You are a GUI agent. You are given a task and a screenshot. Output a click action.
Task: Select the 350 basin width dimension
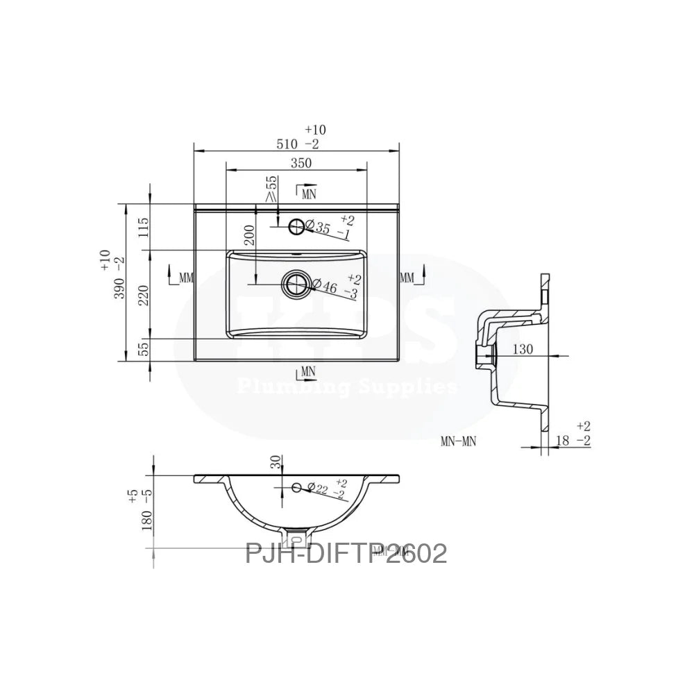301,163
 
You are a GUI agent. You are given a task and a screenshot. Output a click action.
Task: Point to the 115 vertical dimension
144,228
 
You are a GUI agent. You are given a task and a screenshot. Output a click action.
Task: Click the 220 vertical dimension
144,295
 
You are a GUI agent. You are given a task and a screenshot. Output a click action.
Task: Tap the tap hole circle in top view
296,226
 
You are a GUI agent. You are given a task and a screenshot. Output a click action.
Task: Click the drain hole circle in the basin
296,283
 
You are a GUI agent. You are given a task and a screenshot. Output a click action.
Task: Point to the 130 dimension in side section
523,349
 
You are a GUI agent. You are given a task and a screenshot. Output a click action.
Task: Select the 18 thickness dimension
564,441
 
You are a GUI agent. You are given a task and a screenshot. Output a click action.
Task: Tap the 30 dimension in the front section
276,463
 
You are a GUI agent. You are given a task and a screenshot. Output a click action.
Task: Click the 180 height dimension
146,514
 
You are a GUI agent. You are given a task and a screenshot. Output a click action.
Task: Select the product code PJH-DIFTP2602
346,554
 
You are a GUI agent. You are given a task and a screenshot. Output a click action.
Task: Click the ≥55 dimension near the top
271,189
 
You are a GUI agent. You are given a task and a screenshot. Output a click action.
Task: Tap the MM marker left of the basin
183,278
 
